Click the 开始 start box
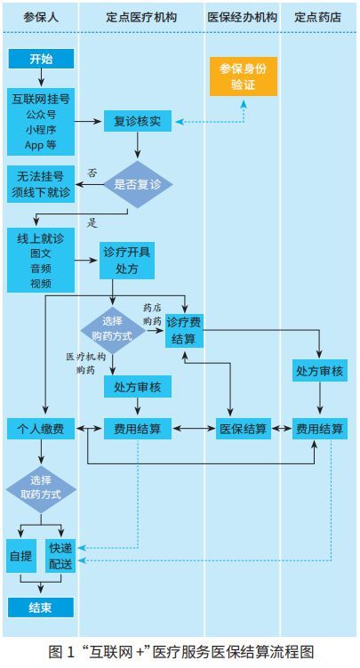click(41, 59)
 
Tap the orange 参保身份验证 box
click(243, 76)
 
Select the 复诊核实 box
click(138, 122)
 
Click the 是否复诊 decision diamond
click(138, 184)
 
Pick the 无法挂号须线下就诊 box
click(41, 184)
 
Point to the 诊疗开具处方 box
click(127, 261)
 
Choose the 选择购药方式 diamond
click(112, 330)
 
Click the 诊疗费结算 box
click(184, 330)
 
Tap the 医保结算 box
click(243, 429)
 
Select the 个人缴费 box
click(41, 429)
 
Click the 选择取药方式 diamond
click(41, 488)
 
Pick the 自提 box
click(20, 556)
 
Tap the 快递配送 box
click(60, 556)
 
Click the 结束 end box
click(41, 608)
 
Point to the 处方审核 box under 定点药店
click(320, 371)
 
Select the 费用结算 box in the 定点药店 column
click(320, 429)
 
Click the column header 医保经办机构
click(242, 17)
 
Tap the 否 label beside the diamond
click(92, 173)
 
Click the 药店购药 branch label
click(152, 314)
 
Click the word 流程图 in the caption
click(292, 652)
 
